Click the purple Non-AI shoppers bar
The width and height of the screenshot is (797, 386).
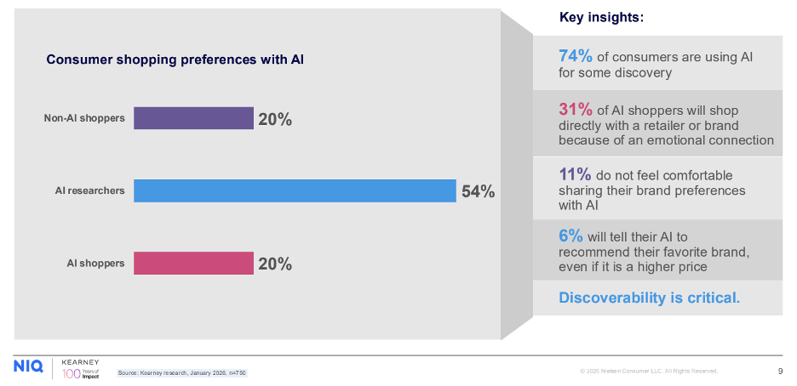pyautogui.click(x=193, y=118)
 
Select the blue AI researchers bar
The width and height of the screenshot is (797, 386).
pyautogui.click(x=295, y=190)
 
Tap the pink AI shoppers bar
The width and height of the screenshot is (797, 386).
pyautogui.click(x=193, y=264)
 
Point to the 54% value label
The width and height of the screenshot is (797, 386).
pyautogui.click(x=478, y=191)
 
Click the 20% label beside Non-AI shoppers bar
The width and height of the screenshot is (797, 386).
pyautogui.click(x=275, y=120)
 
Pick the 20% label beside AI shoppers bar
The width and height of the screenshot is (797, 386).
pyautogui.click(x=275, y=264)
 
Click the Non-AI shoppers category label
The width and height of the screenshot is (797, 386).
pyautogui.click(x=84, y=118)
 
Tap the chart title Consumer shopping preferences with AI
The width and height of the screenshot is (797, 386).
pyautogui.click(x=175, y=60)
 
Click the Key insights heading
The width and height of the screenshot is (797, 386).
pyautogui.click(x=601, y=17)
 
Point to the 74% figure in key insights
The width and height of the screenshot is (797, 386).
pyautogui.click(x=576, y=56)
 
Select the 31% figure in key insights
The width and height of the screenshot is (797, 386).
pyautogui.click(x=576, y=110)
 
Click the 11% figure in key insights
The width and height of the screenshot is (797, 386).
pyautogui.click(x=576, y=174)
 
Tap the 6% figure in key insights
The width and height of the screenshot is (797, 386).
pyautogui.click(x=570, y=236)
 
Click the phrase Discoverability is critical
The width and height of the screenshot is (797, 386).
pyautogui.click(x=649, y=298)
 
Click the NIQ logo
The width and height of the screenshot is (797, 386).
pyautogui.click(x=28, y=366)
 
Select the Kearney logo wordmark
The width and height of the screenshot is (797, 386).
pyautogui.click(x=82, y=361)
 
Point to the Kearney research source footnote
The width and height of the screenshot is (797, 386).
pyautogui.click(x=181, y=372)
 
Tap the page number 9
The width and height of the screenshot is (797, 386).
pyautogui.click(x=780, y=371)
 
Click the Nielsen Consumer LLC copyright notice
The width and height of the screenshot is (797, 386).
pyautogui.click(x=649, y=371)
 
